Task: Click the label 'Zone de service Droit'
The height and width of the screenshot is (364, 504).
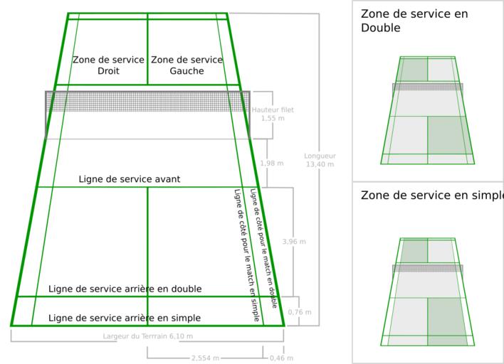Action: [108, 65]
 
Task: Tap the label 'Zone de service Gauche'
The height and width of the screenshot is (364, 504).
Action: [187, 65]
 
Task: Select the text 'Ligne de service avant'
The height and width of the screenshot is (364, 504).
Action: [130, 179]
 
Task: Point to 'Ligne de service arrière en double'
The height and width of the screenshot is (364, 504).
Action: [125, 289]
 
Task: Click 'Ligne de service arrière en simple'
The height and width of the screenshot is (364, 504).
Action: [125, 318]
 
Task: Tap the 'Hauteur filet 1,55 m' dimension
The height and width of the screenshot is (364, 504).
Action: [273, 114]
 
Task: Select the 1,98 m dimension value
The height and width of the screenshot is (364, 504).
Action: [272, 164]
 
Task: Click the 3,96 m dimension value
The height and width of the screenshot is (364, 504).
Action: [294, 242]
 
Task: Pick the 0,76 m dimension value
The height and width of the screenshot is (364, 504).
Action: [300, 312]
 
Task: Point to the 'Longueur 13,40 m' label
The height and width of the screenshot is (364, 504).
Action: [320, 160]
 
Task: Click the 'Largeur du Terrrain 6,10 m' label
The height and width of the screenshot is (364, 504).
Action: [148, 336]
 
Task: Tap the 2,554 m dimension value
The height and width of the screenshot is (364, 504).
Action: [205, 358]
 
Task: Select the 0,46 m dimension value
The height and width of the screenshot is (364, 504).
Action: [281, 358]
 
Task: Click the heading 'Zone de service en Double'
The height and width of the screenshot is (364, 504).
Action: [414, 21]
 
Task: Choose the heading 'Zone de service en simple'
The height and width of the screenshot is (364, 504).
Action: [431, 196]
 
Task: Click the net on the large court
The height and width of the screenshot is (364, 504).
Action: [147, 101]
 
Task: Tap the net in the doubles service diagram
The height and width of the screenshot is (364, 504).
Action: [428, 87]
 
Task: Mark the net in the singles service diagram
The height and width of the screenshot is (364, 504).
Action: [428, 269]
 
